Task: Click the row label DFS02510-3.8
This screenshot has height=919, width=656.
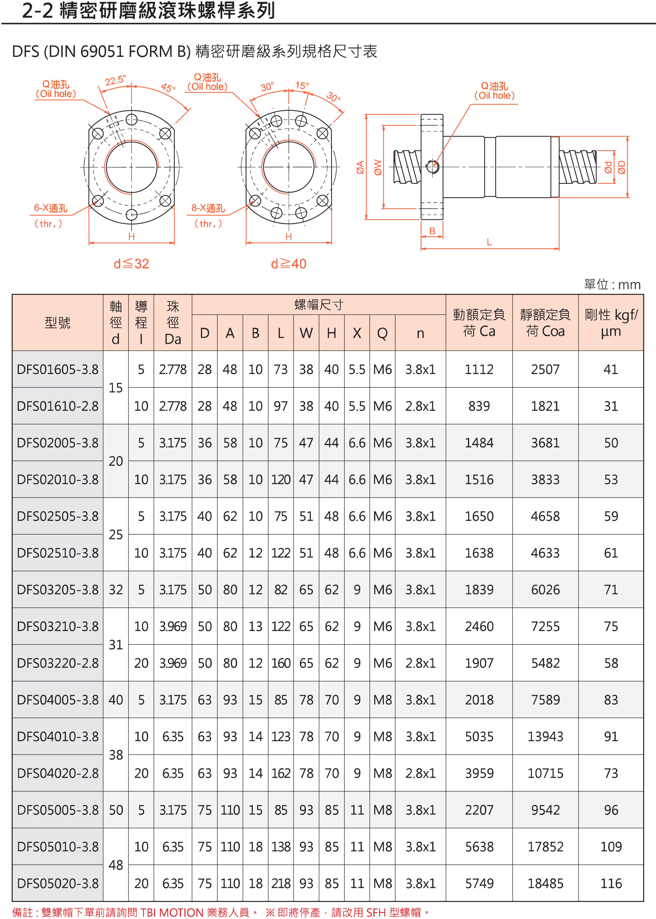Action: (x=58, y=553)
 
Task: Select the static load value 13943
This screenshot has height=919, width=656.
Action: (x=545, y=736)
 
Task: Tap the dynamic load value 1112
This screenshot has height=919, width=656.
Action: (x=479, y=369)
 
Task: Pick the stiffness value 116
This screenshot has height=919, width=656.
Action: (x=611, y=884)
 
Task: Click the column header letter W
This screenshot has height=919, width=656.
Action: (x=306, y=333)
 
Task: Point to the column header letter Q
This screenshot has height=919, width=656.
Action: (x=382, y=333)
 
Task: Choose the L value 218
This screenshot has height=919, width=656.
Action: (x=281, y=884)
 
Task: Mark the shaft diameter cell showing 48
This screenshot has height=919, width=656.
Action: (x=116, y=865)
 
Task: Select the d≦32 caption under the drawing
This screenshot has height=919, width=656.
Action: (x=131, y=264)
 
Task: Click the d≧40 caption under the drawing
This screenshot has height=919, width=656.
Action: (x=289, y=264)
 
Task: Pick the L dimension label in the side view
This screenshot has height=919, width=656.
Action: (x=489, y=242)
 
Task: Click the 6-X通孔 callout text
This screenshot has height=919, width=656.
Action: (x=50, y=208)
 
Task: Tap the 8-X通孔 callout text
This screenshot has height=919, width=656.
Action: (x=208, y=208)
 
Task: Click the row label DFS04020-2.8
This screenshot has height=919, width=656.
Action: (x=58, y=773)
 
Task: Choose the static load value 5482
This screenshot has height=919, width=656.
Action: (x=545, y=663)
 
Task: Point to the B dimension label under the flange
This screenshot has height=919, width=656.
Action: (x=432, y=231)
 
